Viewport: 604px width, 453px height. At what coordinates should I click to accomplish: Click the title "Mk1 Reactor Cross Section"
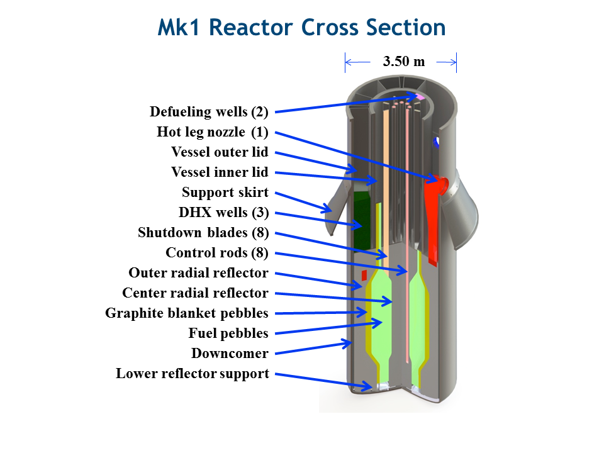[x=301, y=27]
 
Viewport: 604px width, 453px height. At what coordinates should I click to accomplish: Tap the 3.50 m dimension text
[x=404, y=61]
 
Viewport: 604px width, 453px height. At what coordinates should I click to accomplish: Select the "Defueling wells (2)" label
[x=209, y=112]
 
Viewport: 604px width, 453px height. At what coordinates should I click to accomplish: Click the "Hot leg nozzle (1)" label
[x=212, y=131]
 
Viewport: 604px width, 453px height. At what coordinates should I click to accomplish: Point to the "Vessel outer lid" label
[x=220, y=152]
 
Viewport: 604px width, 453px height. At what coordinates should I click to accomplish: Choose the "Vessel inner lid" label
[x=220, y=172]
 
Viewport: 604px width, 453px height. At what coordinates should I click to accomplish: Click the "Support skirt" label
[x=225, y=193]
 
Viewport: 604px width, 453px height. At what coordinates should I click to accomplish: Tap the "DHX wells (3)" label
[x=223, y=212]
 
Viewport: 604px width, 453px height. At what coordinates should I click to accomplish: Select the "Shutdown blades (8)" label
[x=203, y=232]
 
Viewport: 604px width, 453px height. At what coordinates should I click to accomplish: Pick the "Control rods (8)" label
[x=217, y=253]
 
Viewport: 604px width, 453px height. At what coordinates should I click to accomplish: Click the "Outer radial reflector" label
[x=198, y=272]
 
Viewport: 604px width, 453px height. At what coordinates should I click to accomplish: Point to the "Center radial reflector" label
[x=195, y=293]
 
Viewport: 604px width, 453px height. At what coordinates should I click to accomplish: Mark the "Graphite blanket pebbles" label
[x=186, y=313]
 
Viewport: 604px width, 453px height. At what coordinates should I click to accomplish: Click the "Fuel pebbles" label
[x=228, y=333]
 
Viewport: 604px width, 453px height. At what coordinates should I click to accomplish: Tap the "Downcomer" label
[x=230, y=353]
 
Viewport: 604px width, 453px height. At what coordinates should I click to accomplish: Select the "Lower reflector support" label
[x=193, y=374]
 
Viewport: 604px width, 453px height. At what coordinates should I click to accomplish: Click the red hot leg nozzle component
[x=433, y=216]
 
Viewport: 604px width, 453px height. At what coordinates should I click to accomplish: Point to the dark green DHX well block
[x=362, y=220]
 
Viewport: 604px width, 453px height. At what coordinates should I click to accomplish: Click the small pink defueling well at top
[x=420, y=97]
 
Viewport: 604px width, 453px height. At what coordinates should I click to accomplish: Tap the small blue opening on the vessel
[x=436, y=142]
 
